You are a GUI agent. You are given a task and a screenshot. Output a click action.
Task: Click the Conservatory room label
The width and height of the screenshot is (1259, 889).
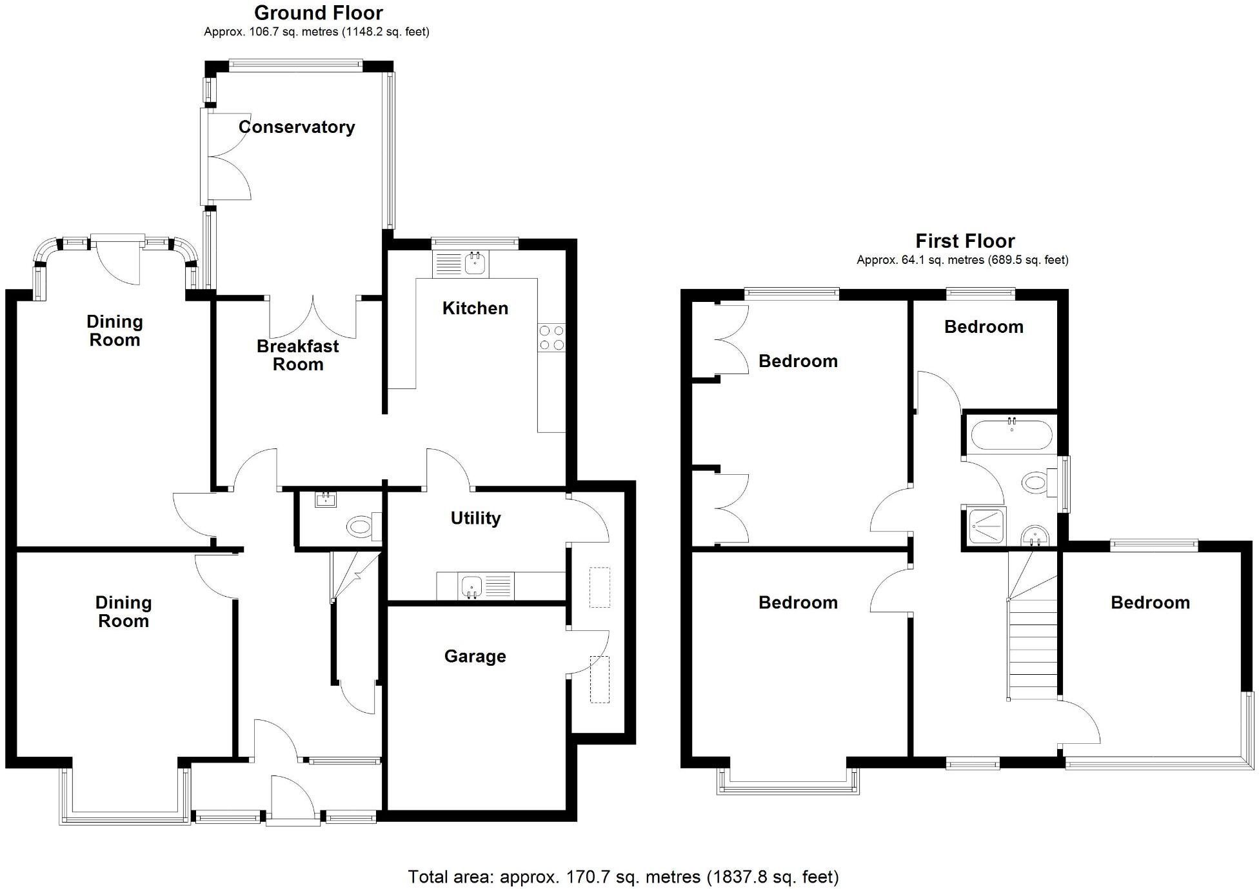point(297,127)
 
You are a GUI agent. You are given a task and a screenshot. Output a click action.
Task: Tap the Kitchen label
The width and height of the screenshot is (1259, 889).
point(475,308)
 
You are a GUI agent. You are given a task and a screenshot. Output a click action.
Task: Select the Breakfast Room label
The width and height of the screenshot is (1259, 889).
point(297,355)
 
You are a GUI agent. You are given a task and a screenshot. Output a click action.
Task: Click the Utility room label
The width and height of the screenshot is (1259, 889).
point(475,518)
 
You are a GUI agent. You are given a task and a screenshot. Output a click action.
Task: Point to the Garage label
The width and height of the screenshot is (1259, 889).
point(475,657)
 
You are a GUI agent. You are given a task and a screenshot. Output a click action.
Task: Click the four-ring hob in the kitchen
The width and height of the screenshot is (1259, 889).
point(551,337)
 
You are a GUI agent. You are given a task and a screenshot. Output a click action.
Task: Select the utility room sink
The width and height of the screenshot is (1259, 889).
point(472,586)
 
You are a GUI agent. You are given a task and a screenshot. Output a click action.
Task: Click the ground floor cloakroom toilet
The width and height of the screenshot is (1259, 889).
point(361,526)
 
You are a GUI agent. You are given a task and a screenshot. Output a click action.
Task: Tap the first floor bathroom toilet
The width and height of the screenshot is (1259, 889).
point(1036,483)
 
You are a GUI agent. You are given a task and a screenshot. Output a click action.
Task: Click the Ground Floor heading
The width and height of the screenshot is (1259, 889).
point(318,13)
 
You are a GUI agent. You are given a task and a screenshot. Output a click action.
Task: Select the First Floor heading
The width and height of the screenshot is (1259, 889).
point(965,241)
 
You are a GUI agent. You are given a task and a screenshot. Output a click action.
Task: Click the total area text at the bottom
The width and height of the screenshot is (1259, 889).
point(623,877)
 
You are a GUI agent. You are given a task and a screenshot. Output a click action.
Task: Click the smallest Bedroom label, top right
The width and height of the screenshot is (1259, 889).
point(984,327)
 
